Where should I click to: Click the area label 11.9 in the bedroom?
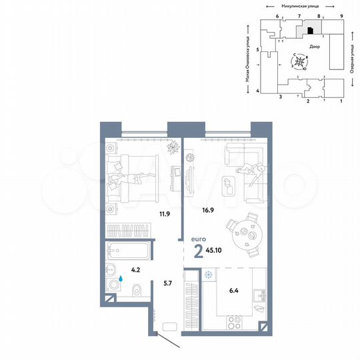162,215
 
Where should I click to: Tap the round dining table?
243,233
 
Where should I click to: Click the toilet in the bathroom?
135,289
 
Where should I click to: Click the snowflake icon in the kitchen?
209,275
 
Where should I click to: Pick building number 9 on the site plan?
341,15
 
